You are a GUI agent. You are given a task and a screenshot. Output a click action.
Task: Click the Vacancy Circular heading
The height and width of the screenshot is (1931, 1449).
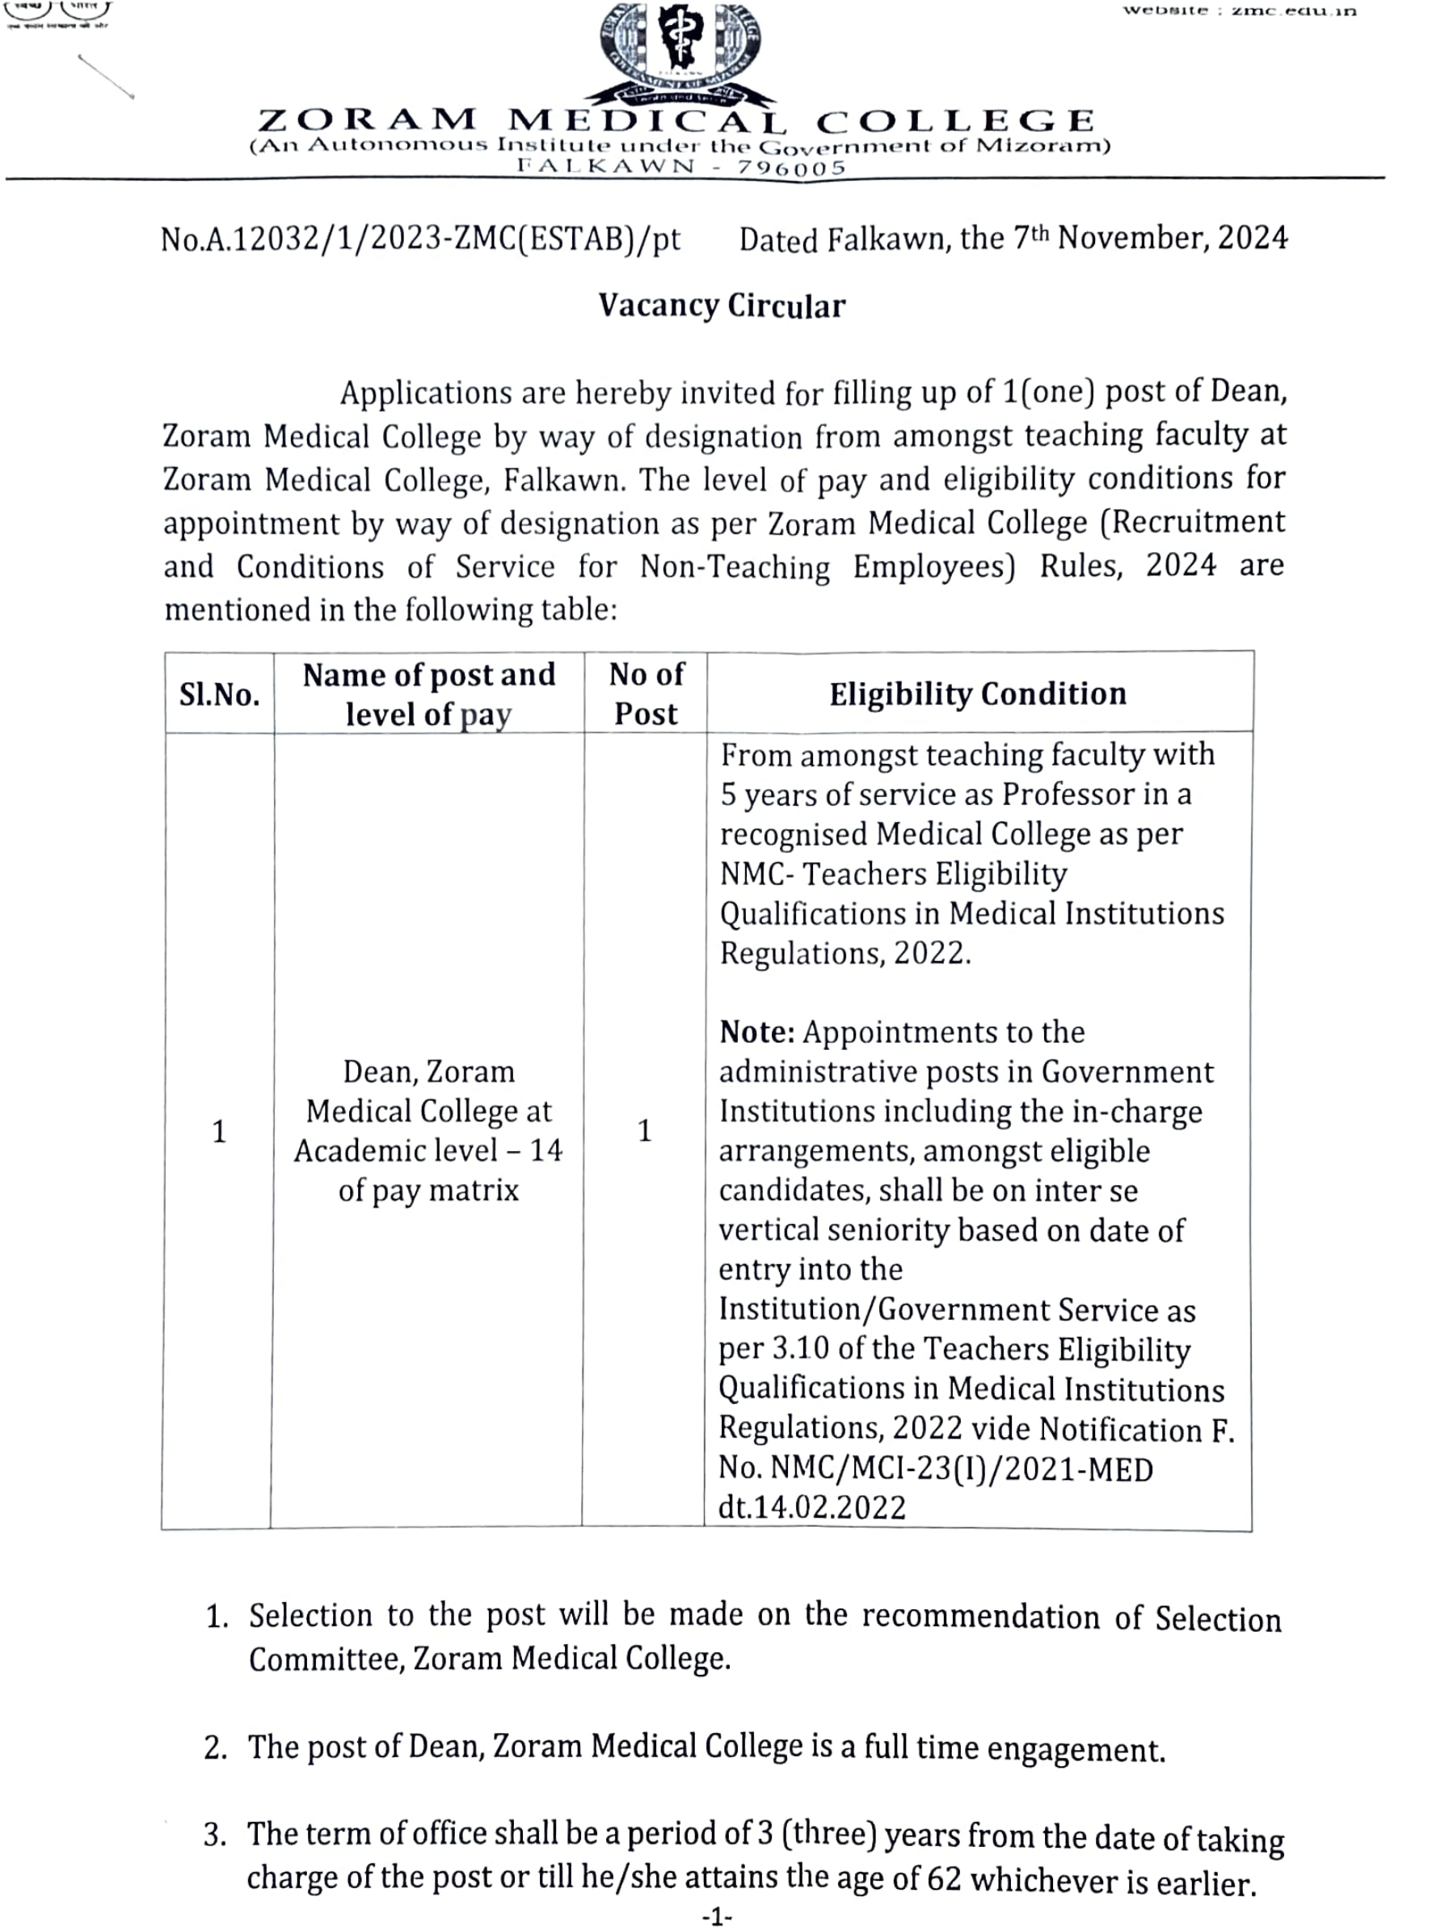point(722,306)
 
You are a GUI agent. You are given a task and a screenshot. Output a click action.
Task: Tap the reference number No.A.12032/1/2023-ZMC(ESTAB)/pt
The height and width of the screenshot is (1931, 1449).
point(420,239)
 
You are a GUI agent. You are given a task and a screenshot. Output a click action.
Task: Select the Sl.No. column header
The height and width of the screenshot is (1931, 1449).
point(219,695)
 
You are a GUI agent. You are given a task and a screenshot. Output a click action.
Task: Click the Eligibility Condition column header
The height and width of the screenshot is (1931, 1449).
point(978,694)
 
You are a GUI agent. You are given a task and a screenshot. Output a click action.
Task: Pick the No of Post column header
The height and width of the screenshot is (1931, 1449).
point(646,694)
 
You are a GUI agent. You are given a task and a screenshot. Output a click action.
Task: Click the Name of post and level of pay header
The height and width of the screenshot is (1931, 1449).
point(428,694)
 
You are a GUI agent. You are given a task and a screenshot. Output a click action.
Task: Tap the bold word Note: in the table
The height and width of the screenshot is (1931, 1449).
point(756,1032)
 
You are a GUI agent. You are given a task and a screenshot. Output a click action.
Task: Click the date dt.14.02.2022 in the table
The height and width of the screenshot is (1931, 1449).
point(812,1507)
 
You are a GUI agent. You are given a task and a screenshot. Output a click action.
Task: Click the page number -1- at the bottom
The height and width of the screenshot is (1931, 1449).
point(718,1917)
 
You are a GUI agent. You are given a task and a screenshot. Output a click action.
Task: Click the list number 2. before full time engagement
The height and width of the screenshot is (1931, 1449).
point(216,1748)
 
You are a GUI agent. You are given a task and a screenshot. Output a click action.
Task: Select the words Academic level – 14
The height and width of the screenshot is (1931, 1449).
point(428,1150)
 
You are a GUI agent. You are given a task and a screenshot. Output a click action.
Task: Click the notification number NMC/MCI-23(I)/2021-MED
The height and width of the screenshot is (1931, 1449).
point(961,1469)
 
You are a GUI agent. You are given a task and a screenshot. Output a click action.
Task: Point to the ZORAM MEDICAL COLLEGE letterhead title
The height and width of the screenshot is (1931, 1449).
point(676,120)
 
